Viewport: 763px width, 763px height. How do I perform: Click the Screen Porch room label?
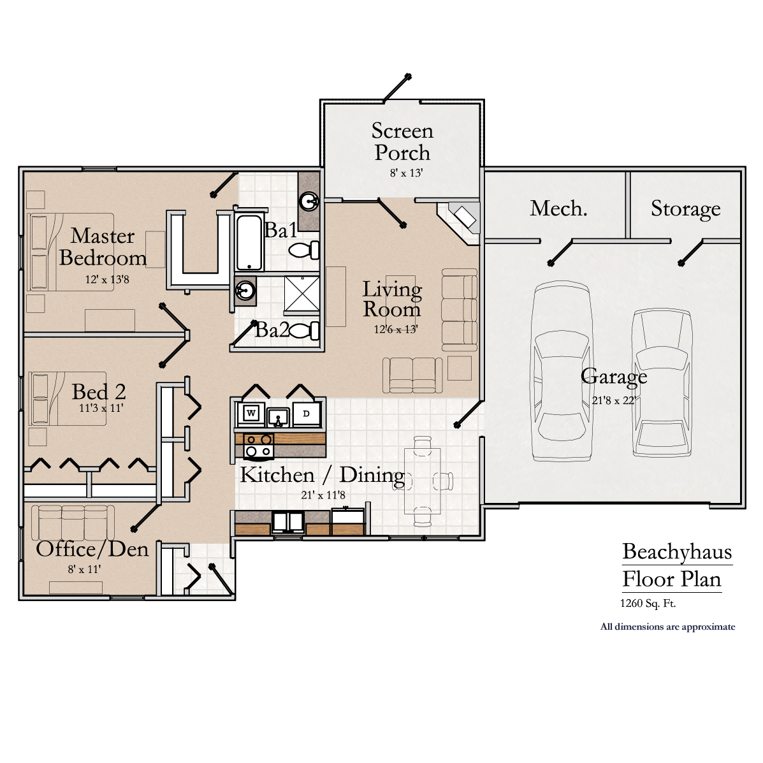(402, 142)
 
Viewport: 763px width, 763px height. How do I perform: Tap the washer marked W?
(251, 414)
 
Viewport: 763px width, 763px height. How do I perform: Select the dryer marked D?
(306, 414)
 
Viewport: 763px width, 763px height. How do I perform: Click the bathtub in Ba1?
(249, 243)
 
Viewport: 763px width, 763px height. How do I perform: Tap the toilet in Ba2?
(307, 331)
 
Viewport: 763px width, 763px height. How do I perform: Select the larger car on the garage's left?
(562, 372)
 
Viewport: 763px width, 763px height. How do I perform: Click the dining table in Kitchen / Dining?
(422, 481)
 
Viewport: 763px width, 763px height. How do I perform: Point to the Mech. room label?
(558, 208)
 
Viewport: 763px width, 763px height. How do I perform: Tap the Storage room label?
(685, 209)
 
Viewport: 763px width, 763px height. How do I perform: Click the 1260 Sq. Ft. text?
(648, 603)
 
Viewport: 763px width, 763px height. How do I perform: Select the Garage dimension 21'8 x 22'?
(613, 400)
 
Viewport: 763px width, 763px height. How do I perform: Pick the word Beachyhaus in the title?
(677, 552)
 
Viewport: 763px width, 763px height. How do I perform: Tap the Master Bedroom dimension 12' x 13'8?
(107, 279)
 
